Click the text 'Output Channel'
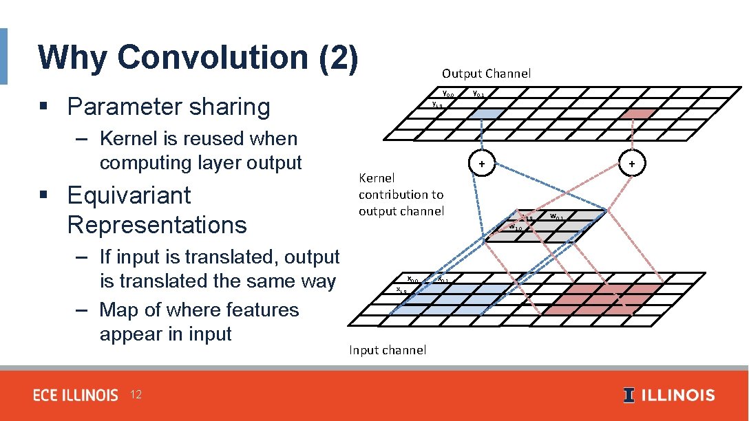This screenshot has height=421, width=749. click(x=486, y=73)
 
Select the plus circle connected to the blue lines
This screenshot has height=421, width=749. click(x=483, y=164)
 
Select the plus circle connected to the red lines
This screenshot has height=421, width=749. click(x=632, y=164)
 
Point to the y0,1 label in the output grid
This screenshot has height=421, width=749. click(x=478, y=94)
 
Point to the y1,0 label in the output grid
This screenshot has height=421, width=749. click(x=436, y=105)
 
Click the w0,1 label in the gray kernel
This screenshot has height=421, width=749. click(x=556, y=217)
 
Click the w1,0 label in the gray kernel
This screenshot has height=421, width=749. click(x=516, y=226)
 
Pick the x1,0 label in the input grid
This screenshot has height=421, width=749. click(x=402, y=290)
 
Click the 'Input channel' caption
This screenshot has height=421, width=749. click(x=388, y=349)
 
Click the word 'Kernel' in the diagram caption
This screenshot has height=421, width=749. click(x=377, y=177)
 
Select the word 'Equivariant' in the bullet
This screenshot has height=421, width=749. click(x=129, y=195)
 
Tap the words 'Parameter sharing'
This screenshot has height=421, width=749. click(x=169, y=107)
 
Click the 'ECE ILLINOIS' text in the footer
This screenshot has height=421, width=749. click(x=76, y=395)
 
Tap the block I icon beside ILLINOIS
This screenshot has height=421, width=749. click(x=629, y=395)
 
